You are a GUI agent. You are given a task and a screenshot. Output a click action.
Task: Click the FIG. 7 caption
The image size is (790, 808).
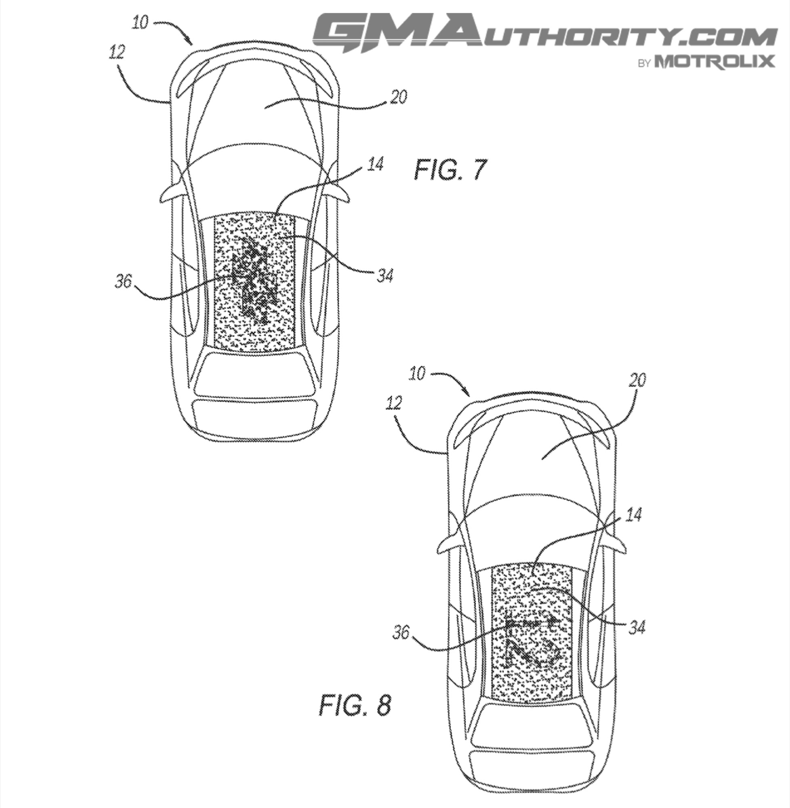[x=449, y=170]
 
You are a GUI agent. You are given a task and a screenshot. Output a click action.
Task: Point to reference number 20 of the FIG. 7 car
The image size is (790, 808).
[x=398, y=97]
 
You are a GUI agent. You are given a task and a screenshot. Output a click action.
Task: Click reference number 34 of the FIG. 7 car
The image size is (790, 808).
[x=384, y=276]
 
